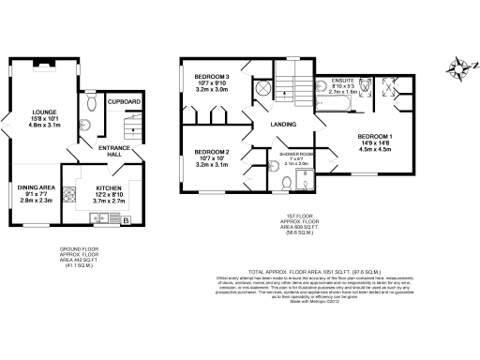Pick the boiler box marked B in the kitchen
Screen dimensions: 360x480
[x=126, y=219]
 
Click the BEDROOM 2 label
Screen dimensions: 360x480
[x=212, y=152]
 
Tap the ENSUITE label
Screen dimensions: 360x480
[x=344, y=82]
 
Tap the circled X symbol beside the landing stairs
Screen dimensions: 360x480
[x=265, y=90]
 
